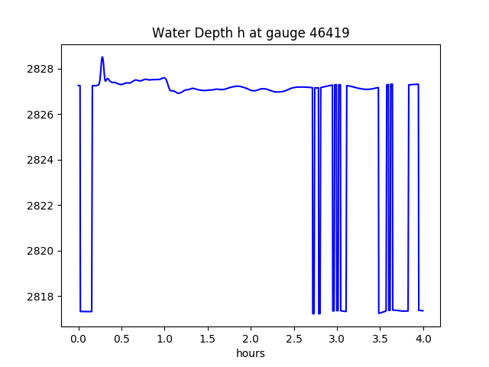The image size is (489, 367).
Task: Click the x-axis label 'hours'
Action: pyautogui.click(x=251, y=353)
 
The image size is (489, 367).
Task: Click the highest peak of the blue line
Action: pyautogui.click(x=102, y=57)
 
